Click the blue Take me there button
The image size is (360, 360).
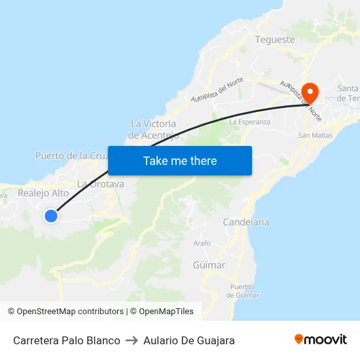click(180, 160)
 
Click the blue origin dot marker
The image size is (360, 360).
click(51, 215)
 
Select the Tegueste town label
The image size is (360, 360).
click(275, 39)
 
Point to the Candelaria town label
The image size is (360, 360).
click(246, 222)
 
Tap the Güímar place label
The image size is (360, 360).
click(209, 265)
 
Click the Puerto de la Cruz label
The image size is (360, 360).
click(71, 156)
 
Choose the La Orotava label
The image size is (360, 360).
click(101, 184)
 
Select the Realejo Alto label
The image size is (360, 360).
click(43, 193)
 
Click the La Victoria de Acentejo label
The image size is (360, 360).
click(154, 130)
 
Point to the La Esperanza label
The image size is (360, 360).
click(250, 122)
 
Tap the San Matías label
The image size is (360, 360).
click(315, 135)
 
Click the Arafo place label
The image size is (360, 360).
click(202, 243)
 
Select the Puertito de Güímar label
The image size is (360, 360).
click(243, 291)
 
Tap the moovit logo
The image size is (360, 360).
click(321, 340)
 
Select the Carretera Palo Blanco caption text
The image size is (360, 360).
click(67, 340)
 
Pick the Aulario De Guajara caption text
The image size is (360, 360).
click(189, 340)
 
